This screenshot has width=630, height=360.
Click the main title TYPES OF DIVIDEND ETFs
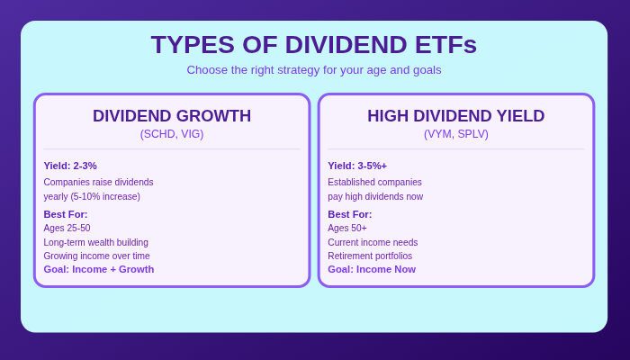point(314,45)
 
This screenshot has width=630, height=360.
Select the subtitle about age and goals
point(314,70)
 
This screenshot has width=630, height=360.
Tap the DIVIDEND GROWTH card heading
point(172,116)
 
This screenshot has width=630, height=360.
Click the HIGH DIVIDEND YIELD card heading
point(455,116)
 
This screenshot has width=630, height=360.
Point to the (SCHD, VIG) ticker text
point(172,134)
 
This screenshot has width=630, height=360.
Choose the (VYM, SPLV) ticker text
point(455,134)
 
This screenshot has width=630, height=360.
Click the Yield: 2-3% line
point(70,166)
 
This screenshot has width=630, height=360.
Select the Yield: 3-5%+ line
point(357,166)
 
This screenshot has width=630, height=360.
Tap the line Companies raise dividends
point(98,182)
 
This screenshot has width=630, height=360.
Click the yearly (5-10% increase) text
point(92,196)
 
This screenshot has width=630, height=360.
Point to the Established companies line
point(374,182)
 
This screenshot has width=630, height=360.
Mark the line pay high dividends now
point(375,196)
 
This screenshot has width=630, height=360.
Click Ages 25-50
point(67,228)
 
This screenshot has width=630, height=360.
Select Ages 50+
point(347,228)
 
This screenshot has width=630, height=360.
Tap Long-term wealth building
point(95,242)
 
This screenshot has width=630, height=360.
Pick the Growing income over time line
point(96,256)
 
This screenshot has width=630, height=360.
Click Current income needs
point(373,242)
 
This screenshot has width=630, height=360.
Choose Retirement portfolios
point(370,256)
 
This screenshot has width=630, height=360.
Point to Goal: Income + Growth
point(99,269)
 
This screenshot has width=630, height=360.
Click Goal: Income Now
point(372,269)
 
